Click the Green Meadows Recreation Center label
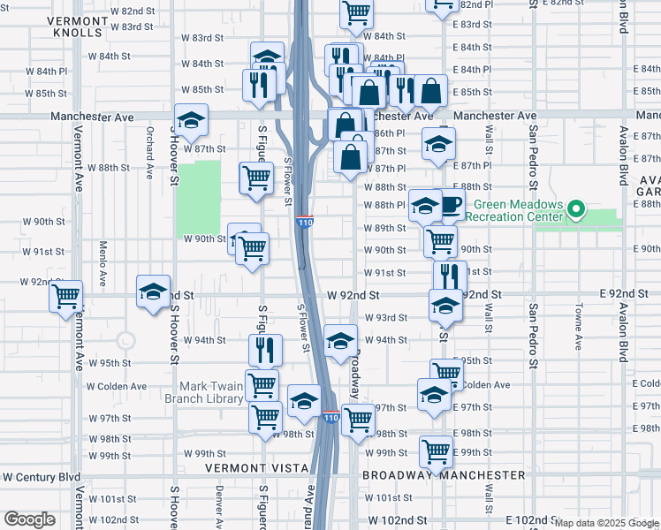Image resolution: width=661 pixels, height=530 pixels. [513, 209]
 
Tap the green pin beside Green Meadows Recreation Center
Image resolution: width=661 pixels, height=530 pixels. [576, 210]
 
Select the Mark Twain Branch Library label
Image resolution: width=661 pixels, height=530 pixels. [212, 392]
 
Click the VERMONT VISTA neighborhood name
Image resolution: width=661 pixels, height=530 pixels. [254, 467]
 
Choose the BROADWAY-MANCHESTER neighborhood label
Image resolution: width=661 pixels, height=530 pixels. [444, 474]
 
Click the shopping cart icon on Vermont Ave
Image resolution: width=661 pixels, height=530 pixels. [66, 298]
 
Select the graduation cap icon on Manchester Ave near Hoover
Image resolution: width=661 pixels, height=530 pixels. [190, 121]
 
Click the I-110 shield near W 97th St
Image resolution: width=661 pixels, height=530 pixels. [330, 417]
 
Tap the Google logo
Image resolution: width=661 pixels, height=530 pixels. [30, 519]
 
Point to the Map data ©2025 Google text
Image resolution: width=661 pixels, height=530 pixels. [606, 523]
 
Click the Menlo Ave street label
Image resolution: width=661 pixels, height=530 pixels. [103, 257]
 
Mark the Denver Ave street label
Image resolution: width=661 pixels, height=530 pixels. [218, 502]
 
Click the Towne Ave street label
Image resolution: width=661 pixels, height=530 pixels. [578, 325]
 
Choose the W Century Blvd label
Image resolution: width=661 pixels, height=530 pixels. [42, 476]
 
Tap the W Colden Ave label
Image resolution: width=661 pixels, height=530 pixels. [116, 386]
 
